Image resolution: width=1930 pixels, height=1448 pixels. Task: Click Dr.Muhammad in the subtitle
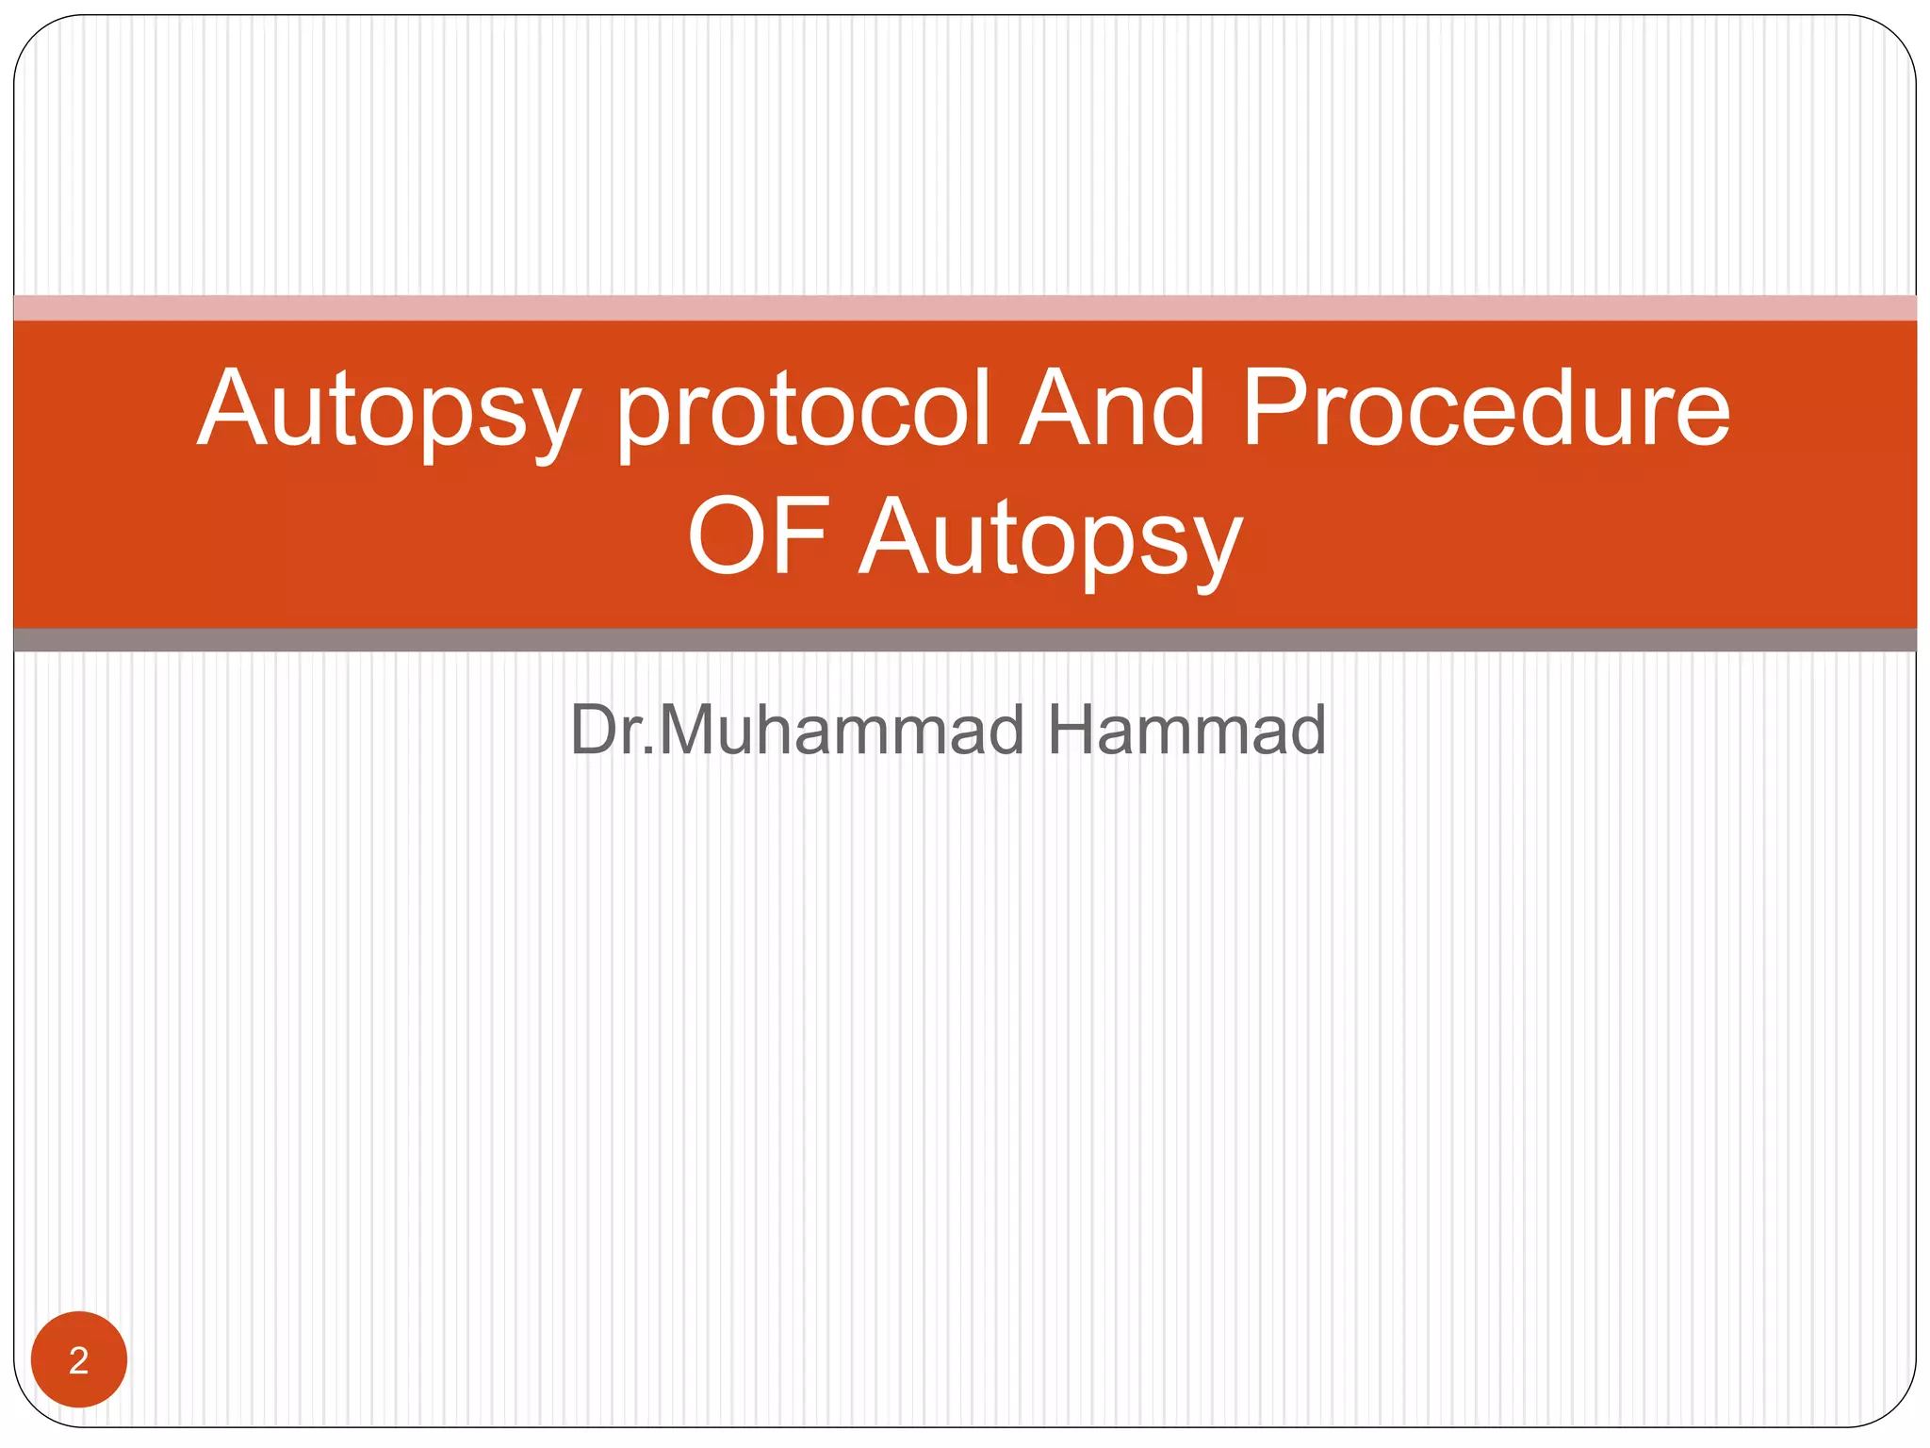[x=796, y=730]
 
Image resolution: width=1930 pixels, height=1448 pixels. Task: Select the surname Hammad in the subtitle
[x=1186, y=730]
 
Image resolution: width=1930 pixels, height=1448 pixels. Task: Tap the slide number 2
[x=79, y=1359]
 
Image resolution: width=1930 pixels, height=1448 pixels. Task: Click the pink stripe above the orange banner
[x=965, y=307]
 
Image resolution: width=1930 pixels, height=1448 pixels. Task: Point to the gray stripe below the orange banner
[x=965, y=640]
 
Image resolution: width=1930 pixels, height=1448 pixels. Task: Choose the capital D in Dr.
[x=593, y=730]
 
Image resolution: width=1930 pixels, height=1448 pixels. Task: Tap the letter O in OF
[x=727, y=536]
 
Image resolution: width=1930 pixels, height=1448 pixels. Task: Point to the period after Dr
[x=647, y=752]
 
